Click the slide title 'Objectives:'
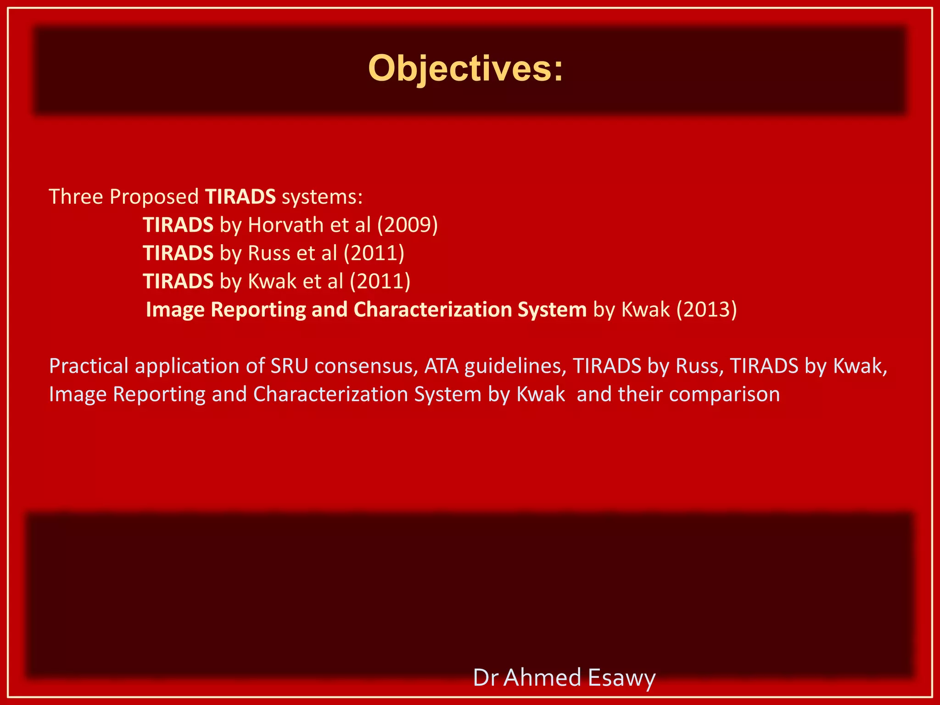pyautogui.click(x=465, y=69)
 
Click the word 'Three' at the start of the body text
pyautogui.click(x=76, y=197)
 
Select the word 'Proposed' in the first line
pyautogui.click(x=154, y=197)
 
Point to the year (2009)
pyautogui.click(x=408, y=225)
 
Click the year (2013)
pyautogui.click(x=707, y=309)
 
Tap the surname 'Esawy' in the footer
pyautogui.click(x=621, y=677)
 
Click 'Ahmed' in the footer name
pyautogui.click(x=542, y=677)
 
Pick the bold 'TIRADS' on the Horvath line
pyautogui.click(x=178, y=225)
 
